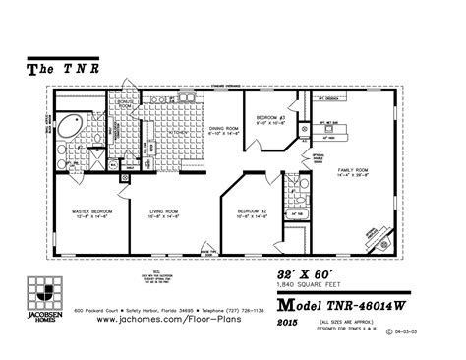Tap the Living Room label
click(163, 213)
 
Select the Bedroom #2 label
click(253, 213)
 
